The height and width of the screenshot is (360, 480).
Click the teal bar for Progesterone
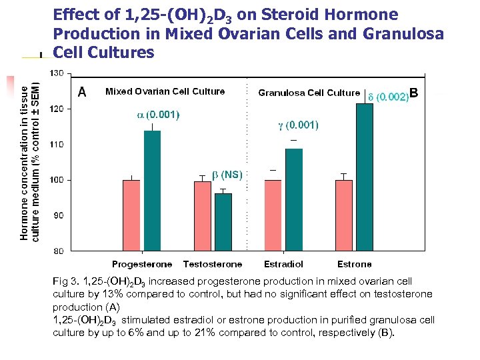152,191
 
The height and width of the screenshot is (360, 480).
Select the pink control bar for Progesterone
131,215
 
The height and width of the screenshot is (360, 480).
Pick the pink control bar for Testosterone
202,216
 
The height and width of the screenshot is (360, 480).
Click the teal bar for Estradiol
294,199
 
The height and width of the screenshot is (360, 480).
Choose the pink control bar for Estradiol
273,215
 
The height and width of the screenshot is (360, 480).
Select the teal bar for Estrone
365,177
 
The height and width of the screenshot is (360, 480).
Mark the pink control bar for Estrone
343,215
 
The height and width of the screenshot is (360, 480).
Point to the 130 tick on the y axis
57,73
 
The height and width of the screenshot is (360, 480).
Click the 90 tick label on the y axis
59,215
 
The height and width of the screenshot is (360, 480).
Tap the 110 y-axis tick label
57,144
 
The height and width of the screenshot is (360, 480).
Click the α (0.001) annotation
158,115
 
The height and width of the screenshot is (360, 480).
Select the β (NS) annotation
227,175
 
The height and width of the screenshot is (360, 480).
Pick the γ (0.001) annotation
297,125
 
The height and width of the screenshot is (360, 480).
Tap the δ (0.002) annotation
388,97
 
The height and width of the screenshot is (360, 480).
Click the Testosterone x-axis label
212,265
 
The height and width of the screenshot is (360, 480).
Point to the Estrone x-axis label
354,265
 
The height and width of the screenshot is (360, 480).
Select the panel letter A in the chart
81,92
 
